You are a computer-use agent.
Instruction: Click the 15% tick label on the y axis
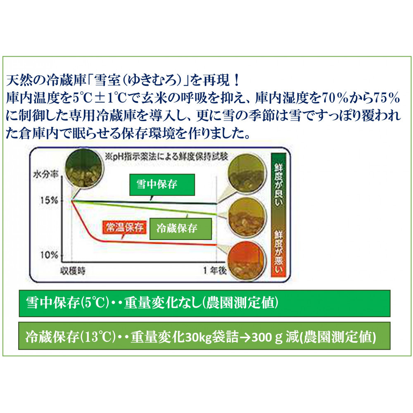click(x=49, y=200)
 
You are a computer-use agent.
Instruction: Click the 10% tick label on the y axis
click(x=49, y=255)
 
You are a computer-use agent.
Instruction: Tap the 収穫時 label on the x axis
click(x=73, y=271)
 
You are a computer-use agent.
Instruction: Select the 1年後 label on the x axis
click(x=215, y=271)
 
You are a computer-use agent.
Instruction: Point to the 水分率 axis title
click(x=45, y=174)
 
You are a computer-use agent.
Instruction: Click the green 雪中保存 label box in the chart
click(x=162, y=184)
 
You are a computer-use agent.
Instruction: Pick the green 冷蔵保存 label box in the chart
click(x=181, y=229)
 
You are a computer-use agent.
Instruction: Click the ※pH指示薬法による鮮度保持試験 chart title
click(x=166, y=157)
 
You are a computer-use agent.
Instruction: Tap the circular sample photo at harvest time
click(x=83, y=168)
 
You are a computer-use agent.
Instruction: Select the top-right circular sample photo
click(x=247, y=173)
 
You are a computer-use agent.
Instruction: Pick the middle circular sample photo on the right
click(x=246, y=217)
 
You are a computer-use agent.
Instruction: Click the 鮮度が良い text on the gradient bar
click(x=278, y=185)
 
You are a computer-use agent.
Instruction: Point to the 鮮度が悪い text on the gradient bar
click(x=278, y=252)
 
